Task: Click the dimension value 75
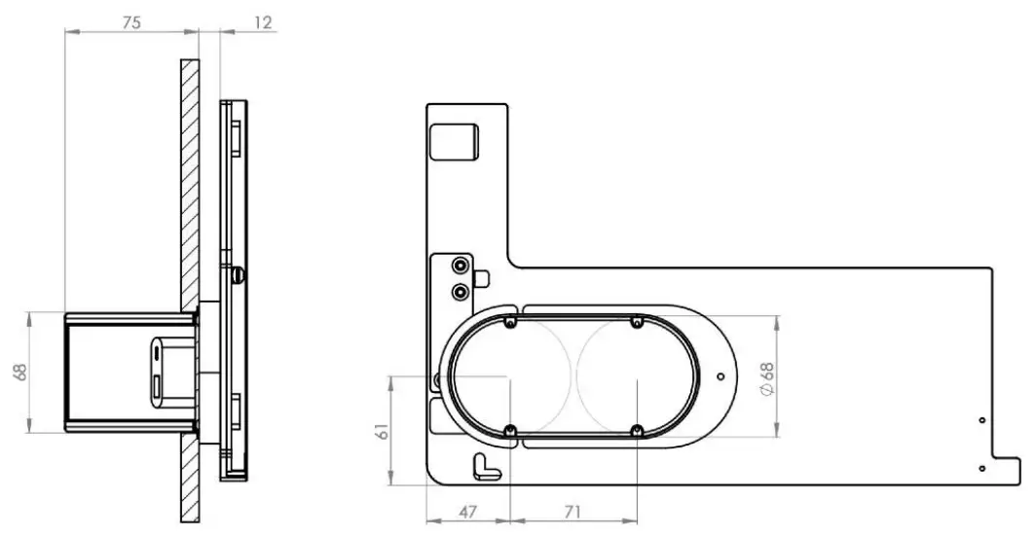point(131,22)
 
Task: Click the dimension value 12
point(262,22)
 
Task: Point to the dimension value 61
point(382,429)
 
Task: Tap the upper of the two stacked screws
point(458,267)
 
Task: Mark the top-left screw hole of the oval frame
point(510,323)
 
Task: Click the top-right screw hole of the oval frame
point(636,322)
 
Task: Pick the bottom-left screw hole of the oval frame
point(510,431)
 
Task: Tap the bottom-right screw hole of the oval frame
point(636,431)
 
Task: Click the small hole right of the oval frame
point(720,375)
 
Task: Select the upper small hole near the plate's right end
point(981,419)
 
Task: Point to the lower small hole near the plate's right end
point(981,468)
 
